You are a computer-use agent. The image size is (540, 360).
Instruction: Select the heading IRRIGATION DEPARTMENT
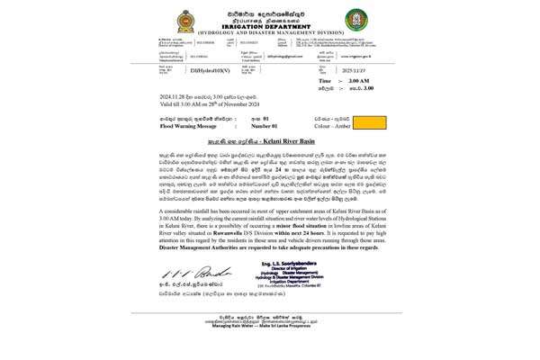tap(269, 25)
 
